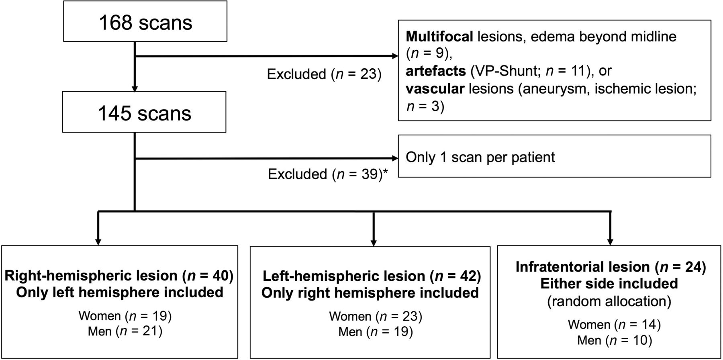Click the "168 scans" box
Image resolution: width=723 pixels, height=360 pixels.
145,21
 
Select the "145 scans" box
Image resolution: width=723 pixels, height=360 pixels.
144,112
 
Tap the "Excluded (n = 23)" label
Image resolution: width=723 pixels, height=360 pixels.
324,74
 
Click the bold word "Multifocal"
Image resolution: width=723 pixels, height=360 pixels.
439,37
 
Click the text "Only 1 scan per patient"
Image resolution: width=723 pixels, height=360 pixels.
480,157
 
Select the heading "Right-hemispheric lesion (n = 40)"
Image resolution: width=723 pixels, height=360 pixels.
119,276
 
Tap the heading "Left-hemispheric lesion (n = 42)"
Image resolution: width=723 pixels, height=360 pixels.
372,276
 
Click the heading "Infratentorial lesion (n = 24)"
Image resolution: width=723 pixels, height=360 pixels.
611,267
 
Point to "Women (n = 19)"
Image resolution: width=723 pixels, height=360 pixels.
125,316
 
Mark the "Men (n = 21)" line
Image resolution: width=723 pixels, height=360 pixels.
125,331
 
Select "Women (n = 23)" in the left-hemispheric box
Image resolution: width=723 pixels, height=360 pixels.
376,316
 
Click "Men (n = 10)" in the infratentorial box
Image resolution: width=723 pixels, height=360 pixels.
615,340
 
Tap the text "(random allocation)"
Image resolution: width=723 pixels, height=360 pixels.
609,301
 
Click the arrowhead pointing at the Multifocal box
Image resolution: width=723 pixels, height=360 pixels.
394,56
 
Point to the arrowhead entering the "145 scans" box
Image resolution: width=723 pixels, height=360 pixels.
135,88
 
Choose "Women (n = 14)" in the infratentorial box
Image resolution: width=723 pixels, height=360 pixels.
614,325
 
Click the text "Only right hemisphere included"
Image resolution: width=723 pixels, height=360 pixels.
370,292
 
